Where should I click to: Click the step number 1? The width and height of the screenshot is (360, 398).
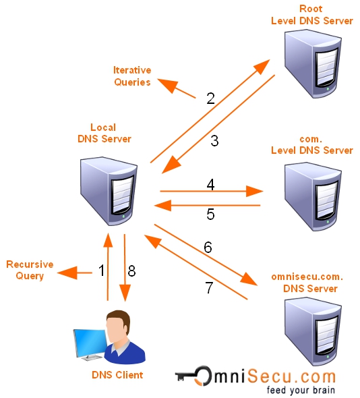102,271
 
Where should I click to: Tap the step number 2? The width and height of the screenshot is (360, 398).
210,98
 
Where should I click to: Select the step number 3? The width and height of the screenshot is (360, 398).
214,141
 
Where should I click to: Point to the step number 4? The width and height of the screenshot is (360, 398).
210,184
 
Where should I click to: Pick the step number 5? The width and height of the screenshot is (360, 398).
210,215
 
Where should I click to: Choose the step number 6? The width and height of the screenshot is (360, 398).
208,248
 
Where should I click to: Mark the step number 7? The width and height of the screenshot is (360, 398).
209,288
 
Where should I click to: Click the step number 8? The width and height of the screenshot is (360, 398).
131,271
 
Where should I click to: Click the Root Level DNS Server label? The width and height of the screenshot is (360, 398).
311,15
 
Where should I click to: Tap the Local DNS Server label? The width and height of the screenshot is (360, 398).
103,133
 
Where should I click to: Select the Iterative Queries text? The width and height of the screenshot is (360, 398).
132,75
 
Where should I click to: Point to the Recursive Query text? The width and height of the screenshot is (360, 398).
30,270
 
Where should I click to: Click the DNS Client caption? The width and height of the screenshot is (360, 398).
117,375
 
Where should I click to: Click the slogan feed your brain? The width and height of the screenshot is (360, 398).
301,390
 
